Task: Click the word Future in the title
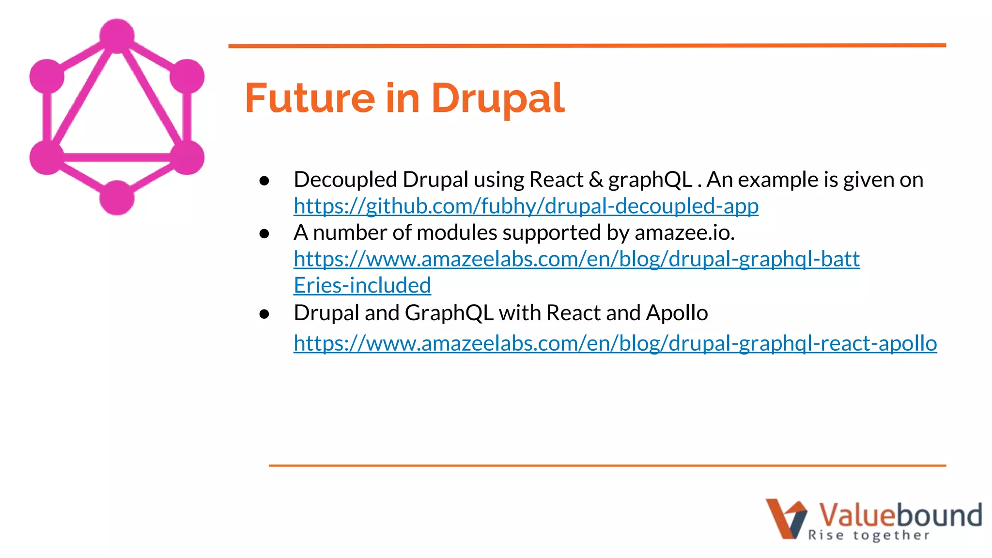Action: coord(310,98)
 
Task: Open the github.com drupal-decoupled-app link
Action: coord(526,206)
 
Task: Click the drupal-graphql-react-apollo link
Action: coord(615,343)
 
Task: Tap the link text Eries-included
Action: coord(362,286)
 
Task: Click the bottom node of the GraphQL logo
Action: coord(117,198)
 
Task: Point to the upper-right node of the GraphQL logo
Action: coord(187,76)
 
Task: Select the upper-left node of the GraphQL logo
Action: coord(47,76)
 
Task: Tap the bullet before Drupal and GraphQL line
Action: coord(264,314)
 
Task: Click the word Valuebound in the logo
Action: coord(900,515)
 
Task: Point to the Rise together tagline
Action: coord(868,535)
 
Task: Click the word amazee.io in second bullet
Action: coord(684,233)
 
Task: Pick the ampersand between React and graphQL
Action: coord(596,180)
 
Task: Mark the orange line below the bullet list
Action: coord(607,465)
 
